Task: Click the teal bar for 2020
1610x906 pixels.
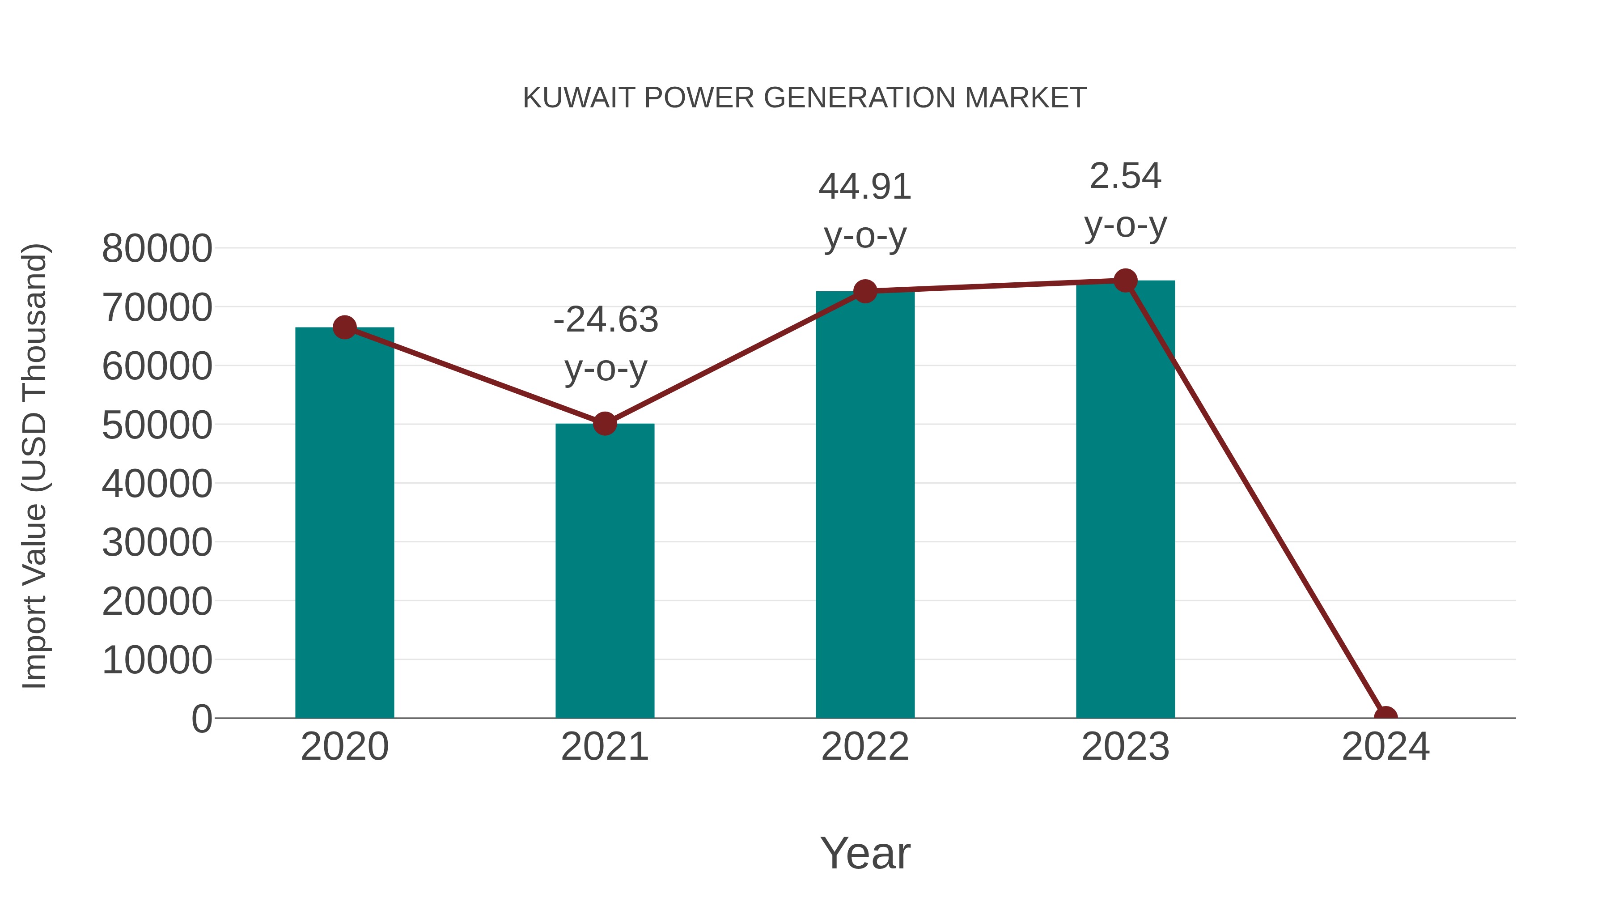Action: pos(344,522)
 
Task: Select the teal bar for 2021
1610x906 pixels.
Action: pos(604,570)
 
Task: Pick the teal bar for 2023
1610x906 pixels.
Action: pos(1125,499)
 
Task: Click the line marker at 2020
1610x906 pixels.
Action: pos(344,327)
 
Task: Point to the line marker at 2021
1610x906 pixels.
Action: pos(604,424)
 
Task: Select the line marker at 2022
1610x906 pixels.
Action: pos(865,291)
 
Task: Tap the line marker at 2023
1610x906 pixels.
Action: pos(1125,281)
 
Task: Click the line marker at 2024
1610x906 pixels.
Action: pos(1385,717)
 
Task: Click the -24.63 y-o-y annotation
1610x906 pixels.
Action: pos(606,344)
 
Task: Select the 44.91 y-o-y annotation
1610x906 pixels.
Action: pos(865,211)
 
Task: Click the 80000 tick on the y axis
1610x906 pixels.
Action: pos(157,248)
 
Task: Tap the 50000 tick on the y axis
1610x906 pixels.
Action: pos(157,425)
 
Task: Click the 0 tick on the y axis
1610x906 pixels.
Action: pos(202,719)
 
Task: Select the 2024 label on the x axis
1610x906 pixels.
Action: pos(1385,747)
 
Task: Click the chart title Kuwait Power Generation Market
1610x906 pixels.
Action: pos(805,98)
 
